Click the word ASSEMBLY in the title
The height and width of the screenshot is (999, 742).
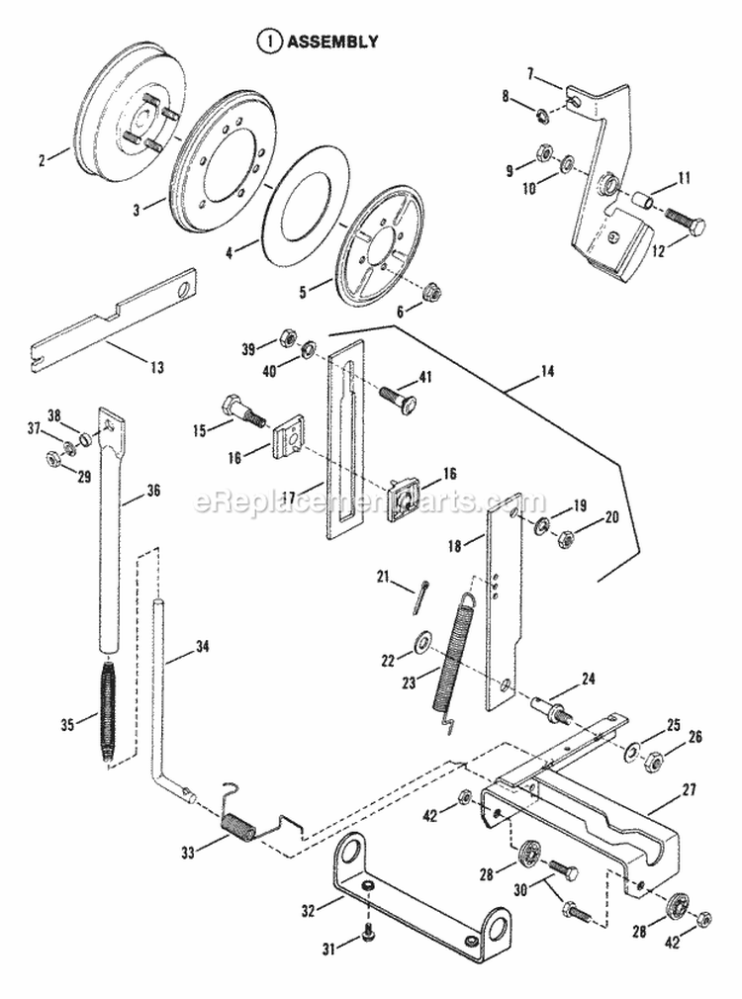332,42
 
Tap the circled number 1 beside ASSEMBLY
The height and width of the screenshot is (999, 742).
267,42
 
